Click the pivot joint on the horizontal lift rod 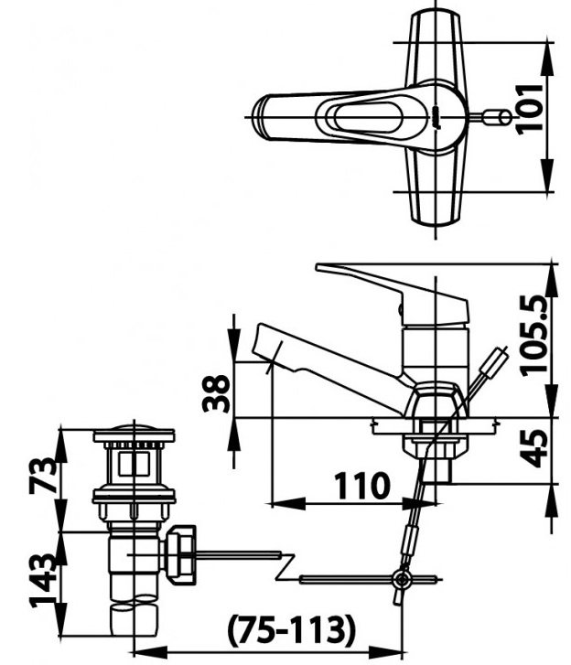(399, 578)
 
